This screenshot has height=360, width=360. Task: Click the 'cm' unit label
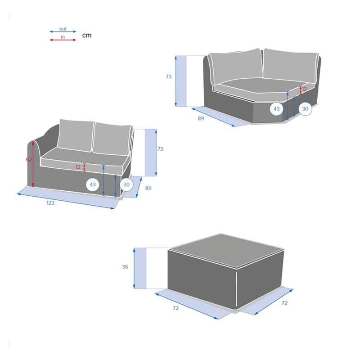(87, 36)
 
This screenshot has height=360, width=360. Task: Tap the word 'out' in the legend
(63, 29)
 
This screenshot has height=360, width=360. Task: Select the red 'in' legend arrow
(63, 40)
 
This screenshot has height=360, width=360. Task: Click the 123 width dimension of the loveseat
(50, 203)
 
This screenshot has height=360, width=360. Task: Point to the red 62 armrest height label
(29, 159)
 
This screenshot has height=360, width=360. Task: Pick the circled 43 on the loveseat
(93, 184)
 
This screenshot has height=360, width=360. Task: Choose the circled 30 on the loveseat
(126, 184)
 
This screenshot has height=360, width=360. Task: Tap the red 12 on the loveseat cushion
(78, 167)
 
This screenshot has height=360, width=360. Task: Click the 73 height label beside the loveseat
(160, 149)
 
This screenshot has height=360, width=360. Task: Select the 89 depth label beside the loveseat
(148, 188)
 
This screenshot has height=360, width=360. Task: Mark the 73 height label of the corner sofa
(168, 76)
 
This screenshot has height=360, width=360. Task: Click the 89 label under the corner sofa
(201, 118)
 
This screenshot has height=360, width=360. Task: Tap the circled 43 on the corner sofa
(276, 109)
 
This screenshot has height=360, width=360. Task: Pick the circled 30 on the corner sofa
(305, 109)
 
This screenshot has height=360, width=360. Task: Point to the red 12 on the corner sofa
(304, 89)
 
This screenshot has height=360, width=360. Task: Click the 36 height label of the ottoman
(125, 267)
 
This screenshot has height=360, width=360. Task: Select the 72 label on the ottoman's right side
(284, 303)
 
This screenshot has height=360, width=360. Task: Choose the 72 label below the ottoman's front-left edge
(175, 308)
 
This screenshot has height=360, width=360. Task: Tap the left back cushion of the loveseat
(75, 135)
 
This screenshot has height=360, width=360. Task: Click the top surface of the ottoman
(227, 251)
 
